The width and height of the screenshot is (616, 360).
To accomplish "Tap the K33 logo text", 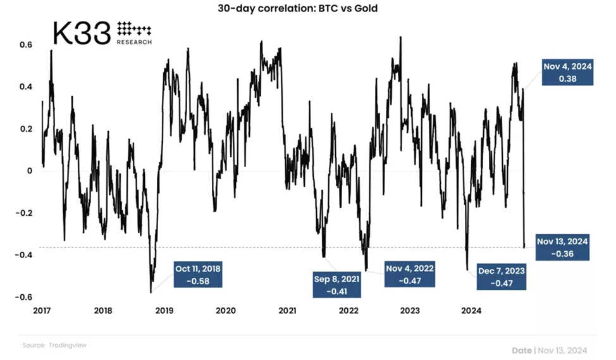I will pos(82,34).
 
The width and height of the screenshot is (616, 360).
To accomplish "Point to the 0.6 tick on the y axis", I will pos(26,44).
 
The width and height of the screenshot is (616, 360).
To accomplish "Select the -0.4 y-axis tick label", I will pos(24,254).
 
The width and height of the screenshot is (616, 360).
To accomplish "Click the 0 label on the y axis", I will pos(28,170).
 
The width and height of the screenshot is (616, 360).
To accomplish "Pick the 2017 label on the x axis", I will pos(42,311).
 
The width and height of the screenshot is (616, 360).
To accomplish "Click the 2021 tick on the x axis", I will pos(288,311).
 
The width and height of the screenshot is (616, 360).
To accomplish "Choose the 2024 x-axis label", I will pos(471,311).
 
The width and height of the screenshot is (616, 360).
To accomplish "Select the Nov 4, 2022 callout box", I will pos(410,274).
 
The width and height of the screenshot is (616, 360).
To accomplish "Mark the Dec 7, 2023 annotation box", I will pos(502,276).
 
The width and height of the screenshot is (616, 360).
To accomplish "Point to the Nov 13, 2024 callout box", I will pos(563,247).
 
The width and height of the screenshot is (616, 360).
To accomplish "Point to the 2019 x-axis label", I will pos(164,311).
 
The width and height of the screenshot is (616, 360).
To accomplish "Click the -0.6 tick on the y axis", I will pos(24,297).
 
